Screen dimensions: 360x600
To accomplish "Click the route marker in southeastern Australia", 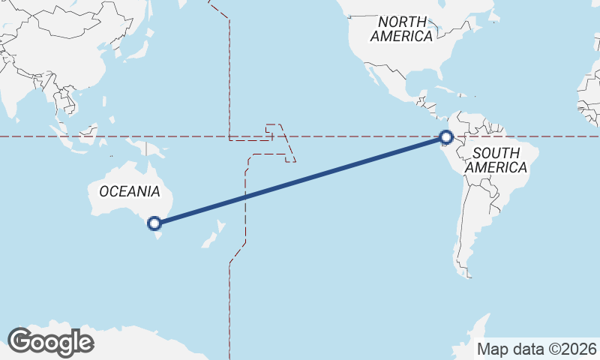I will [154, 223].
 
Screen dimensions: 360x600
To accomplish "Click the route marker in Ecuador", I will [446, 137].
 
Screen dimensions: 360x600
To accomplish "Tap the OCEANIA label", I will [129, 191].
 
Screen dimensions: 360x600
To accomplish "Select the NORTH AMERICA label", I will [402, 28].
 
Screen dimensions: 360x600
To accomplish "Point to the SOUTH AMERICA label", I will [496, 160].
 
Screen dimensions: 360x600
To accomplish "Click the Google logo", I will [50, 341].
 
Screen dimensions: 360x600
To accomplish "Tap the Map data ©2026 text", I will [537, 349].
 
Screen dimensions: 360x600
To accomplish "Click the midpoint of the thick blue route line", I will [300, 180].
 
